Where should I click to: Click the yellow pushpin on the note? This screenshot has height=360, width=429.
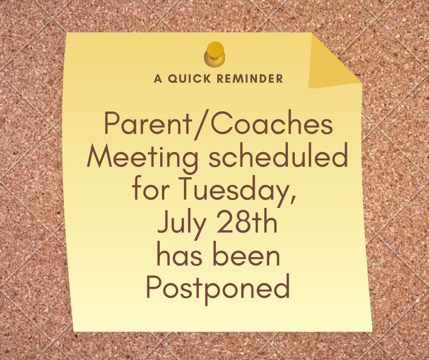pos(214,54)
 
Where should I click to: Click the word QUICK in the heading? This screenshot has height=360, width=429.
pos(189,79)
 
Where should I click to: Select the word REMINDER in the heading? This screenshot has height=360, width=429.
pos(250,79)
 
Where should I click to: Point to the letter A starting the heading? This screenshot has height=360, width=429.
pos(158,79)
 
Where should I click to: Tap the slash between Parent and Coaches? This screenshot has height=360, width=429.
pos(201,124)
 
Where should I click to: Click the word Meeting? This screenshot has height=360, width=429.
pos(142,158)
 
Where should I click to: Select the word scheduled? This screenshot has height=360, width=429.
pos(278,155)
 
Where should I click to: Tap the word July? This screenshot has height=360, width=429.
pos(181,222)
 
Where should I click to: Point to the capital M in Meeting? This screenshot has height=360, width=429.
pos(99,156)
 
